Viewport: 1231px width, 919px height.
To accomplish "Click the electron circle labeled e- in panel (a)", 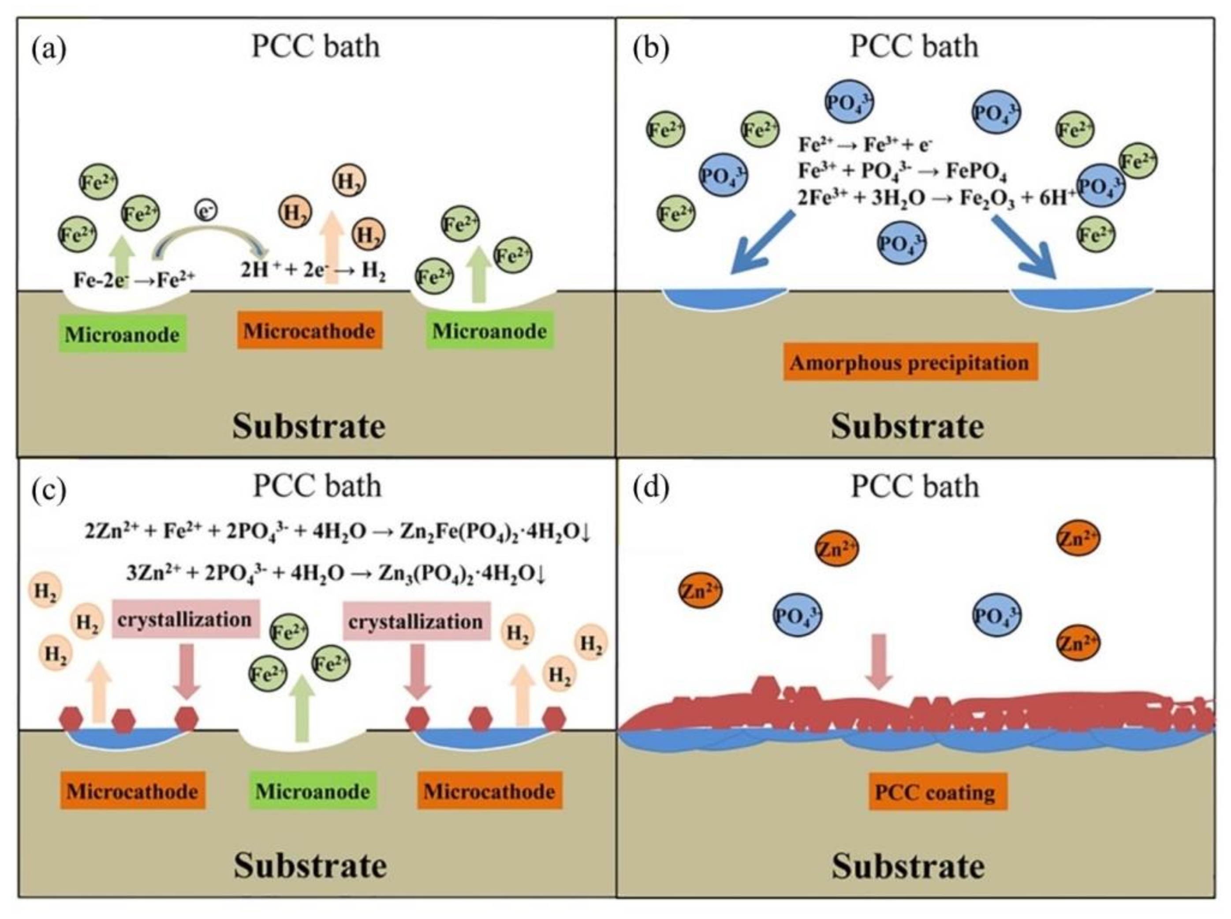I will [206, 210].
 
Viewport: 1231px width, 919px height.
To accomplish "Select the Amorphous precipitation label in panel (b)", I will [910, 362].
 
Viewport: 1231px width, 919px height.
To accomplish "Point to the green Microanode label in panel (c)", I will [313, 791].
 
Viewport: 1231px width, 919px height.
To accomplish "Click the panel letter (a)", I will [49, 49].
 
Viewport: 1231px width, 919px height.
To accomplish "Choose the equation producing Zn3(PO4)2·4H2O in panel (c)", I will [336, 573].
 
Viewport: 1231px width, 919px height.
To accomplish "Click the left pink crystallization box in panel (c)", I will [185, 619].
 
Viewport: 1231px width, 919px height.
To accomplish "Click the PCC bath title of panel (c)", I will [317, 486].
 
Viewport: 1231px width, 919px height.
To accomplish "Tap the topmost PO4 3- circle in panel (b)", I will [849, 102].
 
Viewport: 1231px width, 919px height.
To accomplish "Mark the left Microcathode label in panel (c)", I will [132, 791].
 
